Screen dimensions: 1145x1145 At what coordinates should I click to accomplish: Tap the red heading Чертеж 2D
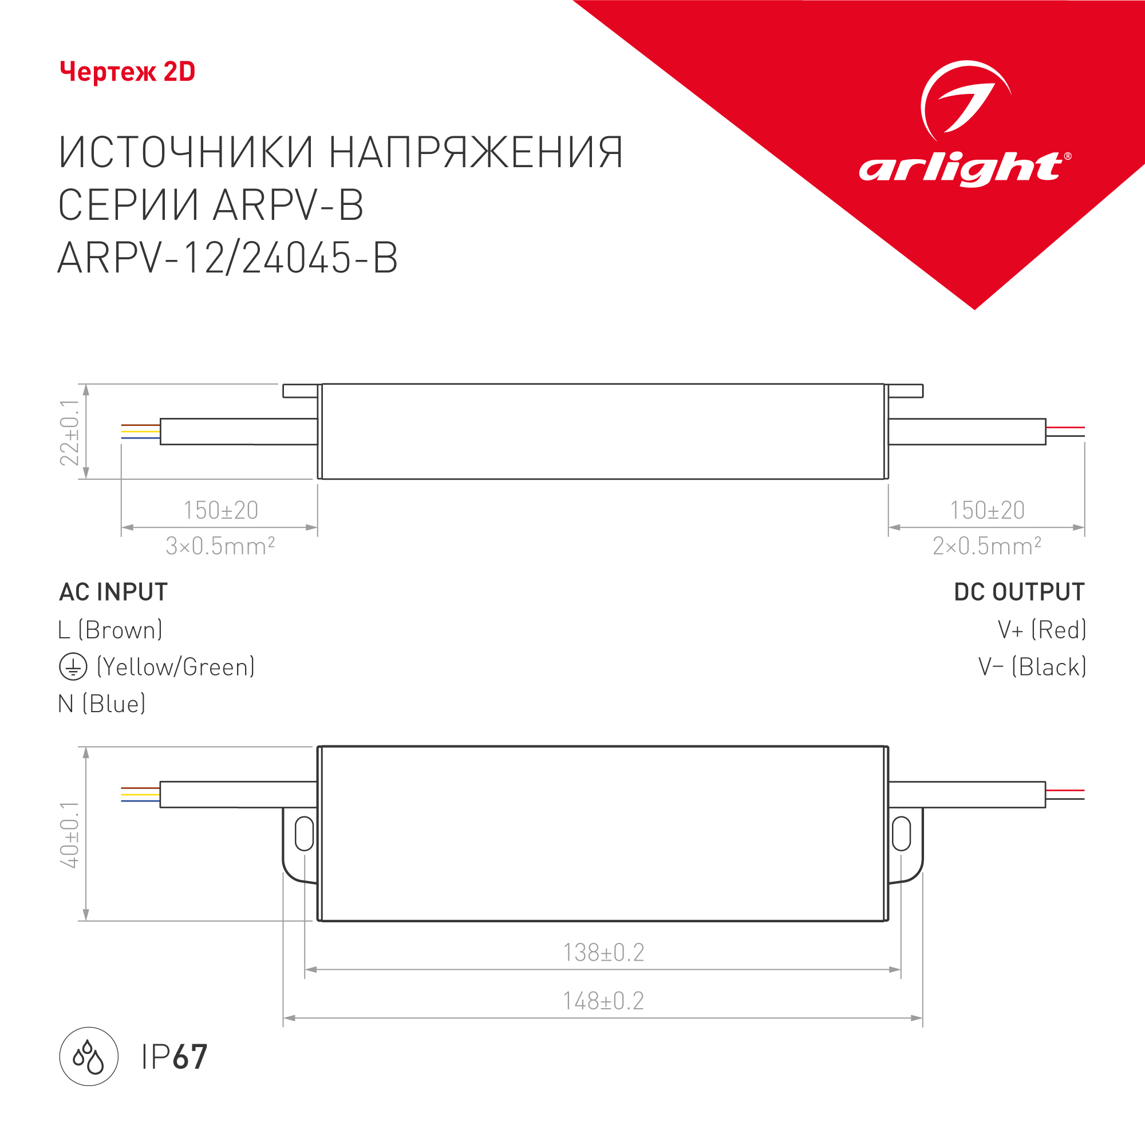point(128,72)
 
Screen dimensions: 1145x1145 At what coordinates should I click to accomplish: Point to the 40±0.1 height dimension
point(70,835)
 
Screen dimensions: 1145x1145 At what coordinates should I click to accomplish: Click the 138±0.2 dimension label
point(603,953)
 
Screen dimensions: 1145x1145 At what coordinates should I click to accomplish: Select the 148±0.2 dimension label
point(603,1001)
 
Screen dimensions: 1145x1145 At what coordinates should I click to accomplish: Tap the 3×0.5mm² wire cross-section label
point(220,546)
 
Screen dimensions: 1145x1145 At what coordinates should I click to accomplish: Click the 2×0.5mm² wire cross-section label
point(987,546)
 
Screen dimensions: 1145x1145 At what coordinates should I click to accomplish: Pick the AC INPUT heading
point(113,592)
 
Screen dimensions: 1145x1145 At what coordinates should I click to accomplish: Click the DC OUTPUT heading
point(1020,592)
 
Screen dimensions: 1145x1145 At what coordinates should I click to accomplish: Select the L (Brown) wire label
point(110,630)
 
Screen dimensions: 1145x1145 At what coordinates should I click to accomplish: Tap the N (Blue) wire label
point(102,704)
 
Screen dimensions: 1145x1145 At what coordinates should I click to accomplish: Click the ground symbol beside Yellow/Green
point(73,667)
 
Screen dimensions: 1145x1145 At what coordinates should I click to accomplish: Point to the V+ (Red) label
point(1042,630)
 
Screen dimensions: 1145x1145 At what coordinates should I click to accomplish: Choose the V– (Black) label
point(1032,667)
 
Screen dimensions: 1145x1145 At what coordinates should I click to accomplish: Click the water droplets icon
point(89,1057)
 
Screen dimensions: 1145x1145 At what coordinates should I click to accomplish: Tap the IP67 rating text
point(174,1057)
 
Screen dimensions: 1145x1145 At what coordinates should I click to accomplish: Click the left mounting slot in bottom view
point(304,833)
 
